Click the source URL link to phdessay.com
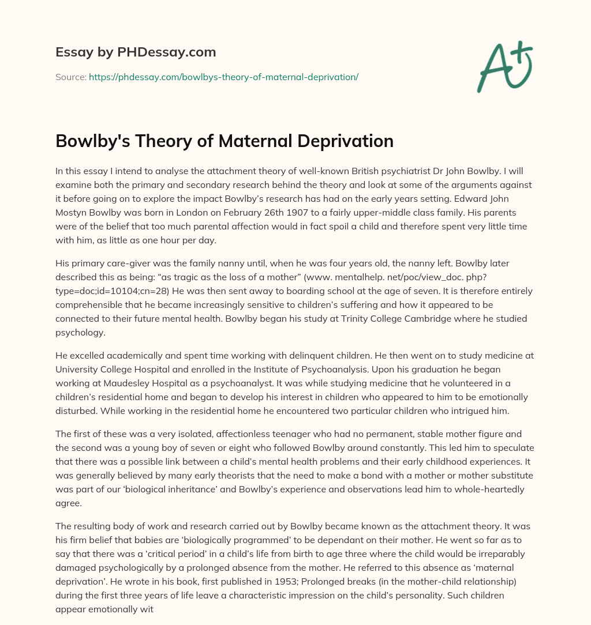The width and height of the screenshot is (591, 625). click(x=223, y=77)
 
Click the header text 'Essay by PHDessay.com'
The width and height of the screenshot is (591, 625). click(x=136, y=52)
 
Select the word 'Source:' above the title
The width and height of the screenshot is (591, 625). click(x=70, y=77)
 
